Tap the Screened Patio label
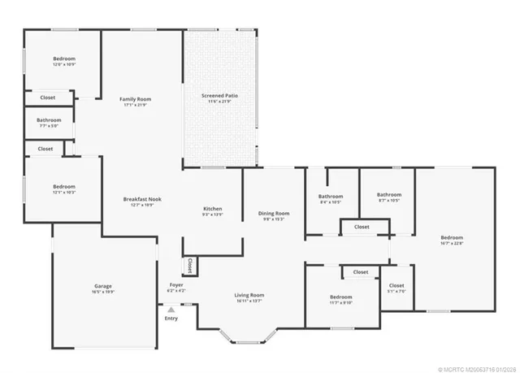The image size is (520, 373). [219, 96]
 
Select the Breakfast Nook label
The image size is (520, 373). [142, 199]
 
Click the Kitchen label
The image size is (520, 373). [212, 209]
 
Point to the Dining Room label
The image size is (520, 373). [274, 213]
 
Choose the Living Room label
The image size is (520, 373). [249, 295]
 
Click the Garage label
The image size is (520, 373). [103, 286]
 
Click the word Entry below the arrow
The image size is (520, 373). [171, 318]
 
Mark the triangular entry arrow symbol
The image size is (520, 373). [171, 309]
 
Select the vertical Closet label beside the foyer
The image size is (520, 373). [189, 265]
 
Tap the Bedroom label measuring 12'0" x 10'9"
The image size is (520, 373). [64, 59]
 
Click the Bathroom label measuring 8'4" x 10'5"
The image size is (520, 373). [331, 196]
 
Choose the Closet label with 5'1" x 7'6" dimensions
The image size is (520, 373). [396, 286]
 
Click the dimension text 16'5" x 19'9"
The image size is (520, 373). [103, 291]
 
